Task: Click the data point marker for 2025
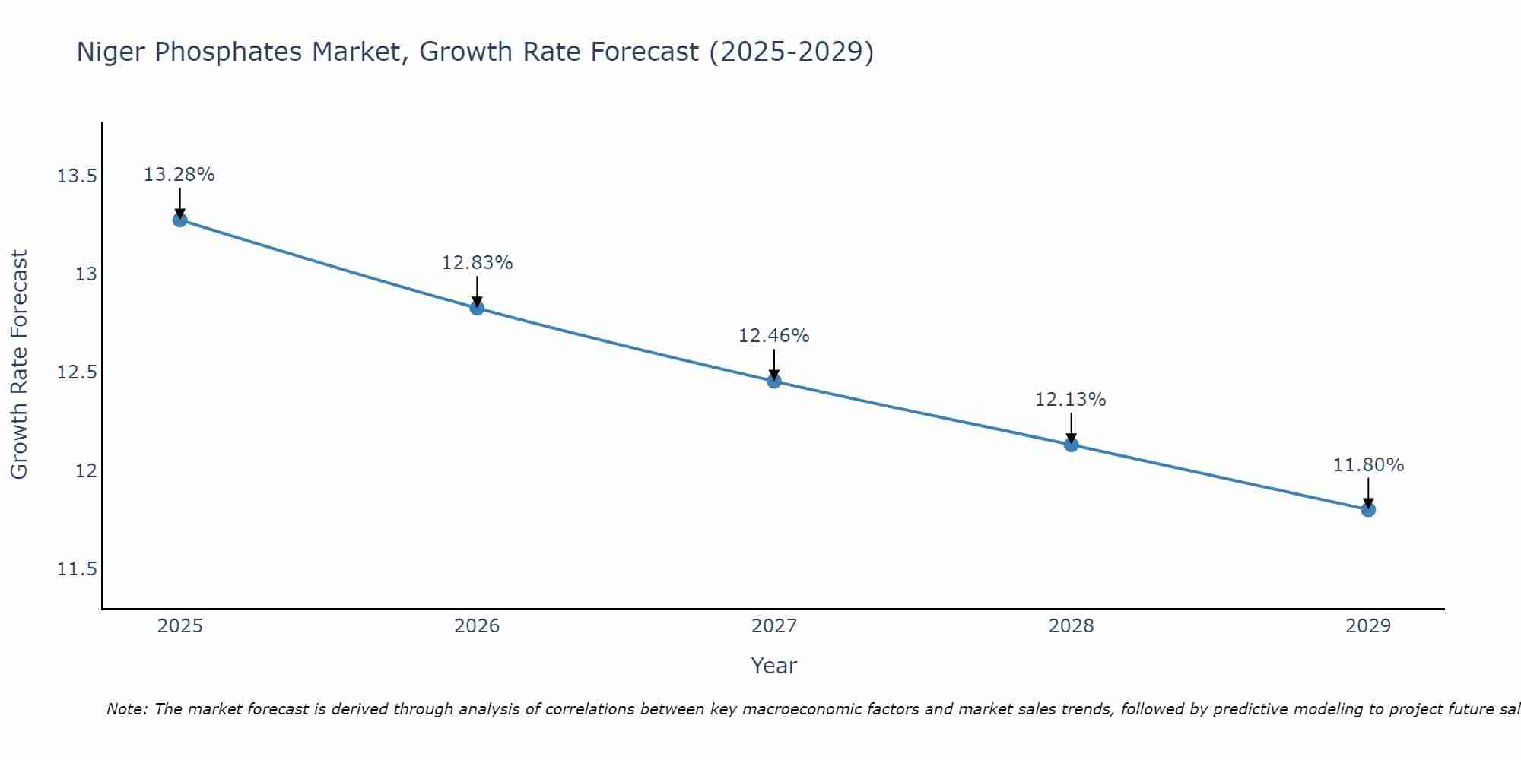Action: (x=179, y=220)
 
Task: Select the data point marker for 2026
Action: (x=477, y=308)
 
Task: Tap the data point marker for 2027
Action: (x=774, y=381)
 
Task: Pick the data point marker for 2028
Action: (x=1071, y=445)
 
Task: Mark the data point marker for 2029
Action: (x=1368, y=509)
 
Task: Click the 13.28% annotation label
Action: (x=179, y=175)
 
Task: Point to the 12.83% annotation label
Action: (x=477, y=263)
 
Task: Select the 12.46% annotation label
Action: (x=774, y=336)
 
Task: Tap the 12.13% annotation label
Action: (x=1071, y=400)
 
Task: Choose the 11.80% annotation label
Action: (x=1368, y=465)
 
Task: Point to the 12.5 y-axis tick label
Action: (x=77, y=372)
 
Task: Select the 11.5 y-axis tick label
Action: (x=77, y=569)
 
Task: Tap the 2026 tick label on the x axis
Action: (x=477, y=626)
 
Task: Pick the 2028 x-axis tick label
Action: (x=1071, y=626)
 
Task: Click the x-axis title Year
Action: (x=774, y=666)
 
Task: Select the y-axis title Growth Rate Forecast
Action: (x=19, y=365)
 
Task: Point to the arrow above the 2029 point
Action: (x=1368, y=492)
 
